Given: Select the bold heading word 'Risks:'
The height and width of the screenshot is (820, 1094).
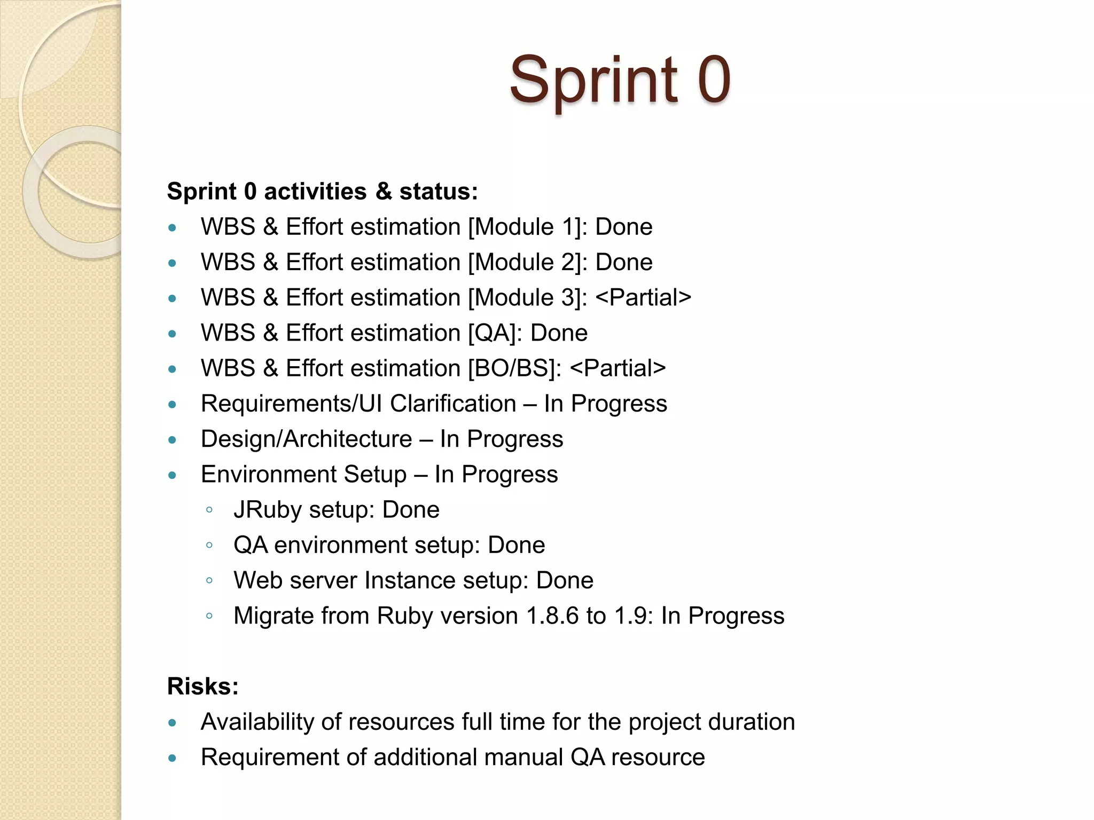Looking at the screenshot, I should coord(202,686).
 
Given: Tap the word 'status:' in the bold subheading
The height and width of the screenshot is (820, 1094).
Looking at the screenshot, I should coord(439,191).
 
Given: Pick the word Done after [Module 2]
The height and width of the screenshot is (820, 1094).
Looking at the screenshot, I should coord(623,262).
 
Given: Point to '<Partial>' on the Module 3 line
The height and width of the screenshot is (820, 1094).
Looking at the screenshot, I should coord(643,297).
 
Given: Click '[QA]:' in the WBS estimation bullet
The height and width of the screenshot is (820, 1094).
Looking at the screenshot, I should coord(495,333).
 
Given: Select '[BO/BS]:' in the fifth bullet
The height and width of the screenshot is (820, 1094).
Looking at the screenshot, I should coord(514,368).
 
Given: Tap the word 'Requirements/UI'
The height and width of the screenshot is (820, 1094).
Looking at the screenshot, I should coord(291,404).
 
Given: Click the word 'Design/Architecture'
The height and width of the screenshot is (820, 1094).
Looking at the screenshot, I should coord(306,439).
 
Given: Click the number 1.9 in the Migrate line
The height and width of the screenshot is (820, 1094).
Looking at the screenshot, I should coord(633,616).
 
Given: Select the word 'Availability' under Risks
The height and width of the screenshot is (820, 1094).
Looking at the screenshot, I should coord(257,722).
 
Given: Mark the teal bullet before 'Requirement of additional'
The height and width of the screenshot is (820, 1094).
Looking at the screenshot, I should coord(172,758).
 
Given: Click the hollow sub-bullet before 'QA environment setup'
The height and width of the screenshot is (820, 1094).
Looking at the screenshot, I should coord(209,545).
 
